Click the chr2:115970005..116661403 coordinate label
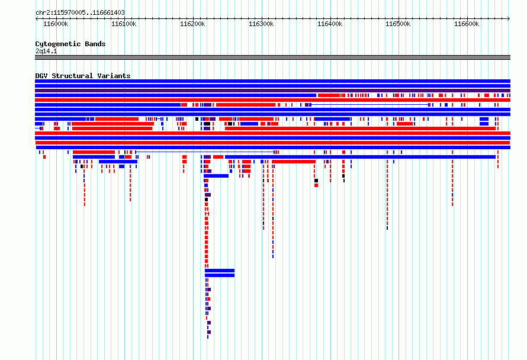point(80,13)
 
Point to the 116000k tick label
point(56,24)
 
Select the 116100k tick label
point(124,24)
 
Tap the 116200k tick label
point(192,24)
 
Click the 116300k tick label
point(261,24)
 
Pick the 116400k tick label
point(330,24)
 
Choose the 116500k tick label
point(398,24)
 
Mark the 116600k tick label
point(467,24)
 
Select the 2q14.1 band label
point(46,51)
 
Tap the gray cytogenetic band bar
point(272,57)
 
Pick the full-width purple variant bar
point(272,91)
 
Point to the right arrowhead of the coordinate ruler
point(509,19)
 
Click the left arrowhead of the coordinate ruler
point(37,19)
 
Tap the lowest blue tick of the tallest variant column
point(208,337)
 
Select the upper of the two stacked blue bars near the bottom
point(220,271)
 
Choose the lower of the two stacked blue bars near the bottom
point(220,275)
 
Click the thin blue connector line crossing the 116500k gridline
point(370,105)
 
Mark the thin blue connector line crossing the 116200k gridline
point(205,152)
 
